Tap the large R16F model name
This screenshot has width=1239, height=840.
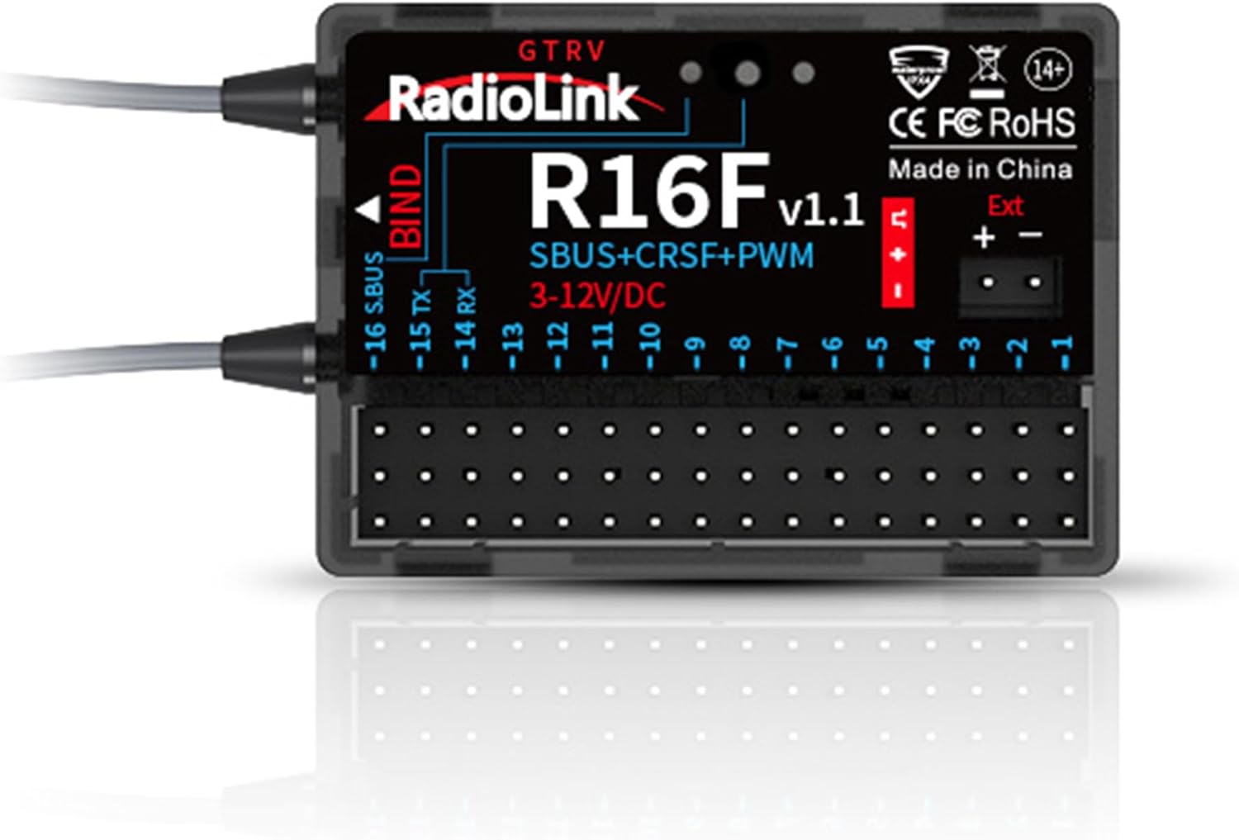pyautogui.click(x=648, y=192)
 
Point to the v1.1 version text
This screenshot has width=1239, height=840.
pyautogui.click(x=820, y=210)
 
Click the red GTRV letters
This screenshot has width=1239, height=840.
pyautogui.click(x=562, y=51)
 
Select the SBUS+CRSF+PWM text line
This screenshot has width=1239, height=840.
pyautogui.click(x=671, y=256)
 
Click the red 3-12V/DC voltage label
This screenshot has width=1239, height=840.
pyautogui.click(x=597, y=296)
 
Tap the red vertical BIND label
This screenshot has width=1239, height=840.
pyautogui.click(x=406, y=206)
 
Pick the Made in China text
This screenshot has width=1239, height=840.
pyautogui.click(x=980, y=169)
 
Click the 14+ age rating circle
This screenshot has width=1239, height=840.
pyautogui.click(x=1048, y=71)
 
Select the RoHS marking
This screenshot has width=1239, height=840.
pyautogui.click(x=1032, y=123)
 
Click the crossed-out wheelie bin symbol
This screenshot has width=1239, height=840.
pyautogui.click(x=987, y=69)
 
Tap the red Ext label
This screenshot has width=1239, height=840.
pyautogui.click(x=1005, y=206)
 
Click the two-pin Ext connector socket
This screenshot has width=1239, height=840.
pyautogui.click(x=1009, y=283)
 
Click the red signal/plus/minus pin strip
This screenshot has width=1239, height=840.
pyautogui.click(x=899, y=253)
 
